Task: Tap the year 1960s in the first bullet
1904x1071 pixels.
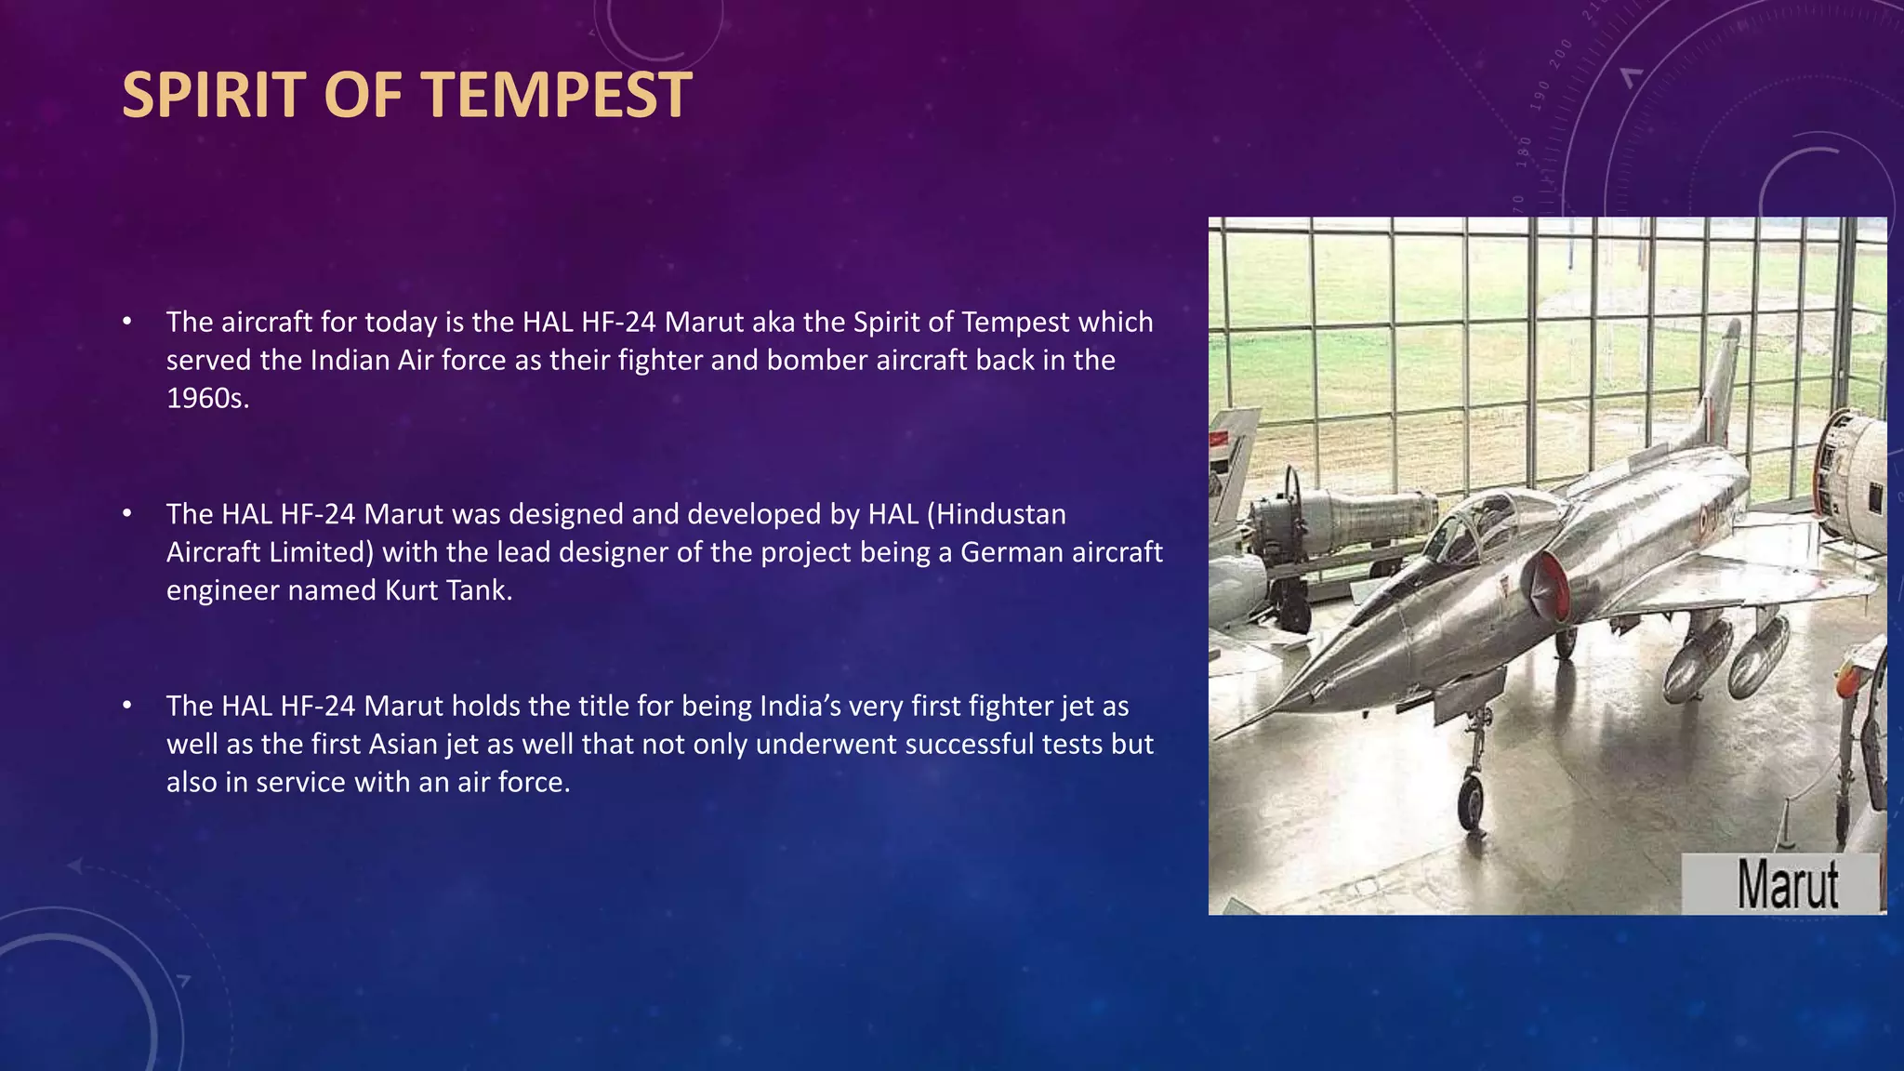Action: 207,398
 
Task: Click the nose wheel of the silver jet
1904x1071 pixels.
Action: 1471,800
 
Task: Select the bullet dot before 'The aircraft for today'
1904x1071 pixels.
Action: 127,322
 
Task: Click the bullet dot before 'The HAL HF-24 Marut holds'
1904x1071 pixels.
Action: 127,706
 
